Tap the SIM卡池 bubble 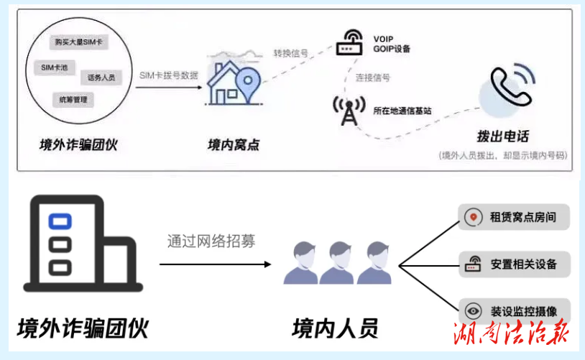55,67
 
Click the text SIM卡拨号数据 168,75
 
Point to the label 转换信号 290,53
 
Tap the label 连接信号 372,78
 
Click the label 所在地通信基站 402,111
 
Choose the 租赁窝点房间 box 514,217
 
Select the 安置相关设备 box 514,264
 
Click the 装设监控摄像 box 514,311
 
